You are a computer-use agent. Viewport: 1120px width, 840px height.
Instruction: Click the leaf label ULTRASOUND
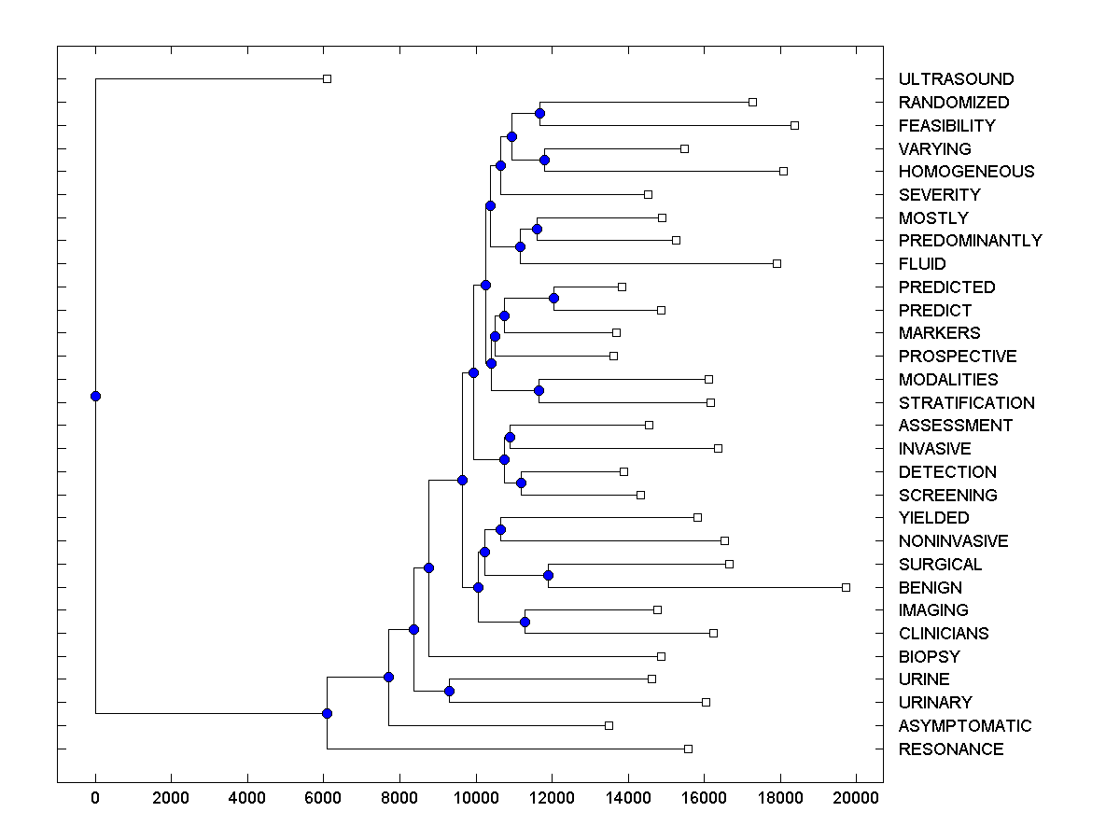[x=956, y=79]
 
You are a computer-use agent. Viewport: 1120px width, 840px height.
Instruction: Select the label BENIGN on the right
[x=930, y=588]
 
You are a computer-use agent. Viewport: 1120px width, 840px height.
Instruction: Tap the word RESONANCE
[x=950, y=749]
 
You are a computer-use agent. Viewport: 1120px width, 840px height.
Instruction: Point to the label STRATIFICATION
[x=966, y=403]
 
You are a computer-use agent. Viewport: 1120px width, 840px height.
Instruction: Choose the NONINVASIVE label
[x=953, y=541]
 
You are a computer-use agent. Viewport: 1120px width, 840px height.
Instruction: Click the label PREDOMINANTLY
[x=970, y=241]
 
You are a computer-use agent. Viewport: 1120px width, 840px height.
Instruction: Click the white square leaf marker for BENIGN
[x=846, y=587]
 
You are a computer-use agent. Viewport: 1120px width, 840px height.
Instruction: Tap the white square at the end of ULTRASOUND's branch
[x=327, y=78]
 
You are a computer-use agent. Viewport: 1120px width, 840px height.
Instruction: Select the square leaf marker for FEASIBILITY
[x=794, y=125]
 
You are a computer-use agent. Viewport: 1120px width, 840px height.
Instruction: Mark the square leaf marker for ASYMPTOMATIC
[x=609, y=725]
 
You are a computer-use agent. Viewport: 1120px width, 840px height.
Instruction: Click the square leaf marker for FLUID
[x=777, y=263]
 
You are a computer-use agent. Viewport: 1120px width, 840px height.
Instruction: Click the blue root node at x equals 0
[x=95, y=396]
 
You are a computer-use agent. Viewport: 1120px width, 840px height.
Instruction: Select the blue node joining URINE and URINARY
[x=449, y=691]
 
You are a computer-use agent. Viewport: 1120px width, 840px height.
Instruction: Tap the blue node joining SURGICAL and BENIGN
[x=548, y=575]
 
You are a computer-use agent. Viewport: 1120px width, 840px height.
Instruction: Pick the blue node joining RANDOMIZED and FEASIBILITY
[x=539, y=113]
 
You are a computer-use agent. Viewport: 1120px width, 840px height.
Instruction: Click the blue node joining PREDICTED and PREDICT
[x=553, y=298]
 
